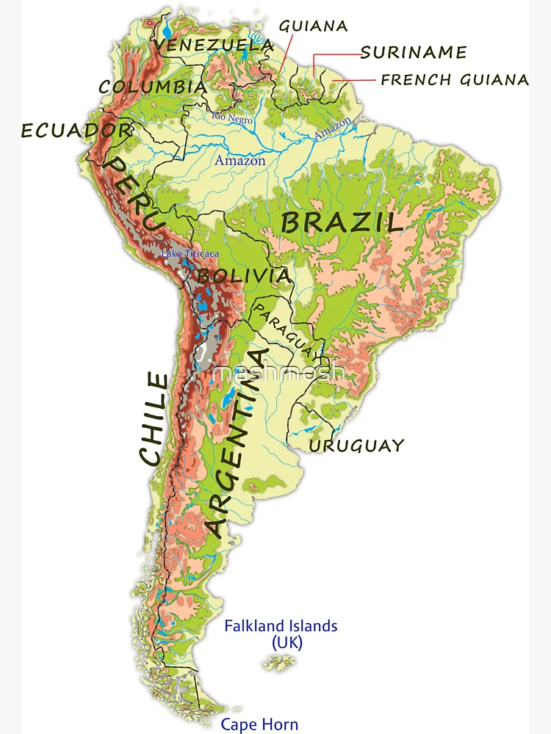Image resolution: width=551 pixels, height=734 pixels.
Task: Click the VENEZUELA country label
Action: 214,46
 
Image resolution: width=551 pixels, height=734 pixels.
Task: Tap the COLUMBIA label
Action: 152,87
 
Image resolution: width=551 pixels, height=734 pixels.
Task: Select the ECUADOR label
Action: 76,131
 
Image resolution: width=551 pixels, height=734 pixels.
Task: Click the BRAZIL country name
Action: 342,222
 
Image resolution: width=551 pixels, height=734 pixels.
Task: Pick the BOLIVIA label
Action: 244,276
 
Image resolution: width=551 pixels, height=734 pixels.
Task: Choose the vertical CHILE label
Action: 154,418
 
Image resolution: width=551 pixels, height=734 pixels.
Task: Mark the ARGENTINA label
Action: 237,452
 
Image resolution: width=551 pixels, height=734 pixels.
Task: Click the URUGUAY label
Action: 356,446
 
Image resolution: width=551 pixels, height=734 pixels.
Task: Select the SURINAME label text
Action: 414,52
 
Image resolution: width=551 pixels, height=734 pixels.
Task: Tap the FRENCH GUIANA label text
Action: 455,80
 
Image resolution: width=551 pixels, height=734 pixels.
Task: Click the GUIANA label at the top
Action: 313,26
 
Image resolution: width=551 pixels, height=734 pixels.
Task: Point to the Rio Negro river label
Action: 232,118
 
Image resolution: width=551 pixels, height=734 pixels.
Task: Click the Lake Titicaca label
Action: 190,254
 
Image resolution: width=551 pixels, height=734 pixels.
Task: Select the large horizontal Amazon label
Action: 240,160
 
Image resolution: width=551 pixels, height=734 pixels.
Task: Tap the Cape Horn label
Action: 259,724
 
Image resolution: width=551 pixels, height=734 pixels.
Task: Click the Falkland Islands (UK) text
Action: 281,634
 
